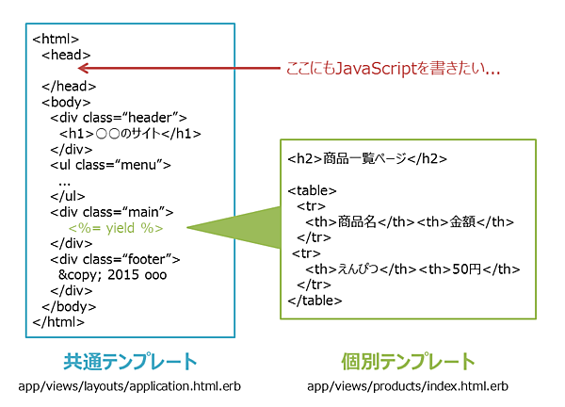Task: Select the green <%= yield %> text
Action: [116, 228]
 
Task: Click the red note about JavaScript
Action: [392, 70]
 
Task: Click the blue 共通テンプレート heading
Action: [131, 362]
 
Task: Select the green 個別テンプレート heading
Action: [407, 362]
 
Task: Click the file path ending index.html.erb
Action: [407, 386]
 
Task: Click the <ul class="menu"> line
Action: [110, 165]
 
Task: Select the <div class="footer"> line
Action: [115, 259]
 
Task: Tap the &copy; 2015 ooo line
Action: [105, 275]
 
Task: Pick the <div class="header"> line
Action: [119, 118]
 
